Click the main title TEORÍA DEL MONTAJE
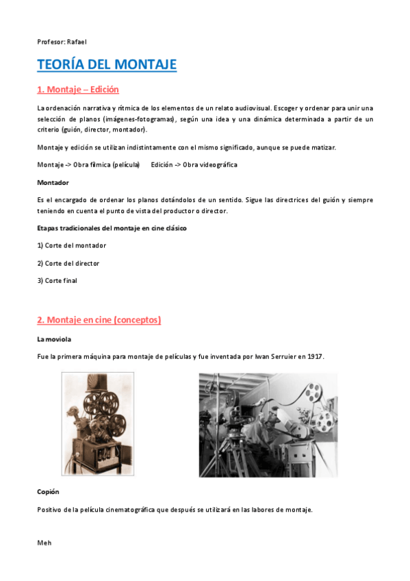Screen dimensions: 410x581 click(107, 64)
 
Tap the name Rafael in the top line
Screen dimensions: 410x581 click(77, 42)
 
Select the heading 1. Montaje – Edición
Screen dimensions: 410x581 click(78, 90)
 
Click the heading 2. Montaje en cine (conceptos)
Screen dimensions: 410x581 click(99, 320)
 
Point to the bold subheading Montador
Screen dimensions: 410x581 click(53, 182)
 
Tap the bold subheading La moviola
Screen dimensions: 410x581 click(54, 339)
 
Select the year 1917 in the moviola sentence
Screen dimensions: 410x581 click(316, 357)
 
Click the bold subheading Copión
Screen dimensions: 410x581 click(49, 491)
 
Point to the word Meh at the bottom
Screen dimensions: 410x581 click(44, 543)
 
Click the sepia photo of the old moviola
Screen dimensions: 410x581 click(98, 423)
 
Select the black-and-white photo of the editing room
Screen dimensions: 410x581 click(268, 425)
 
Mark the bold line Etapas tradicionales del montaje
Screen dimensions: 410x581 click(112, 227)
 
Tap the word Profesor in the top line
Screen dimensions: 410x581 click(51, 42)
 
